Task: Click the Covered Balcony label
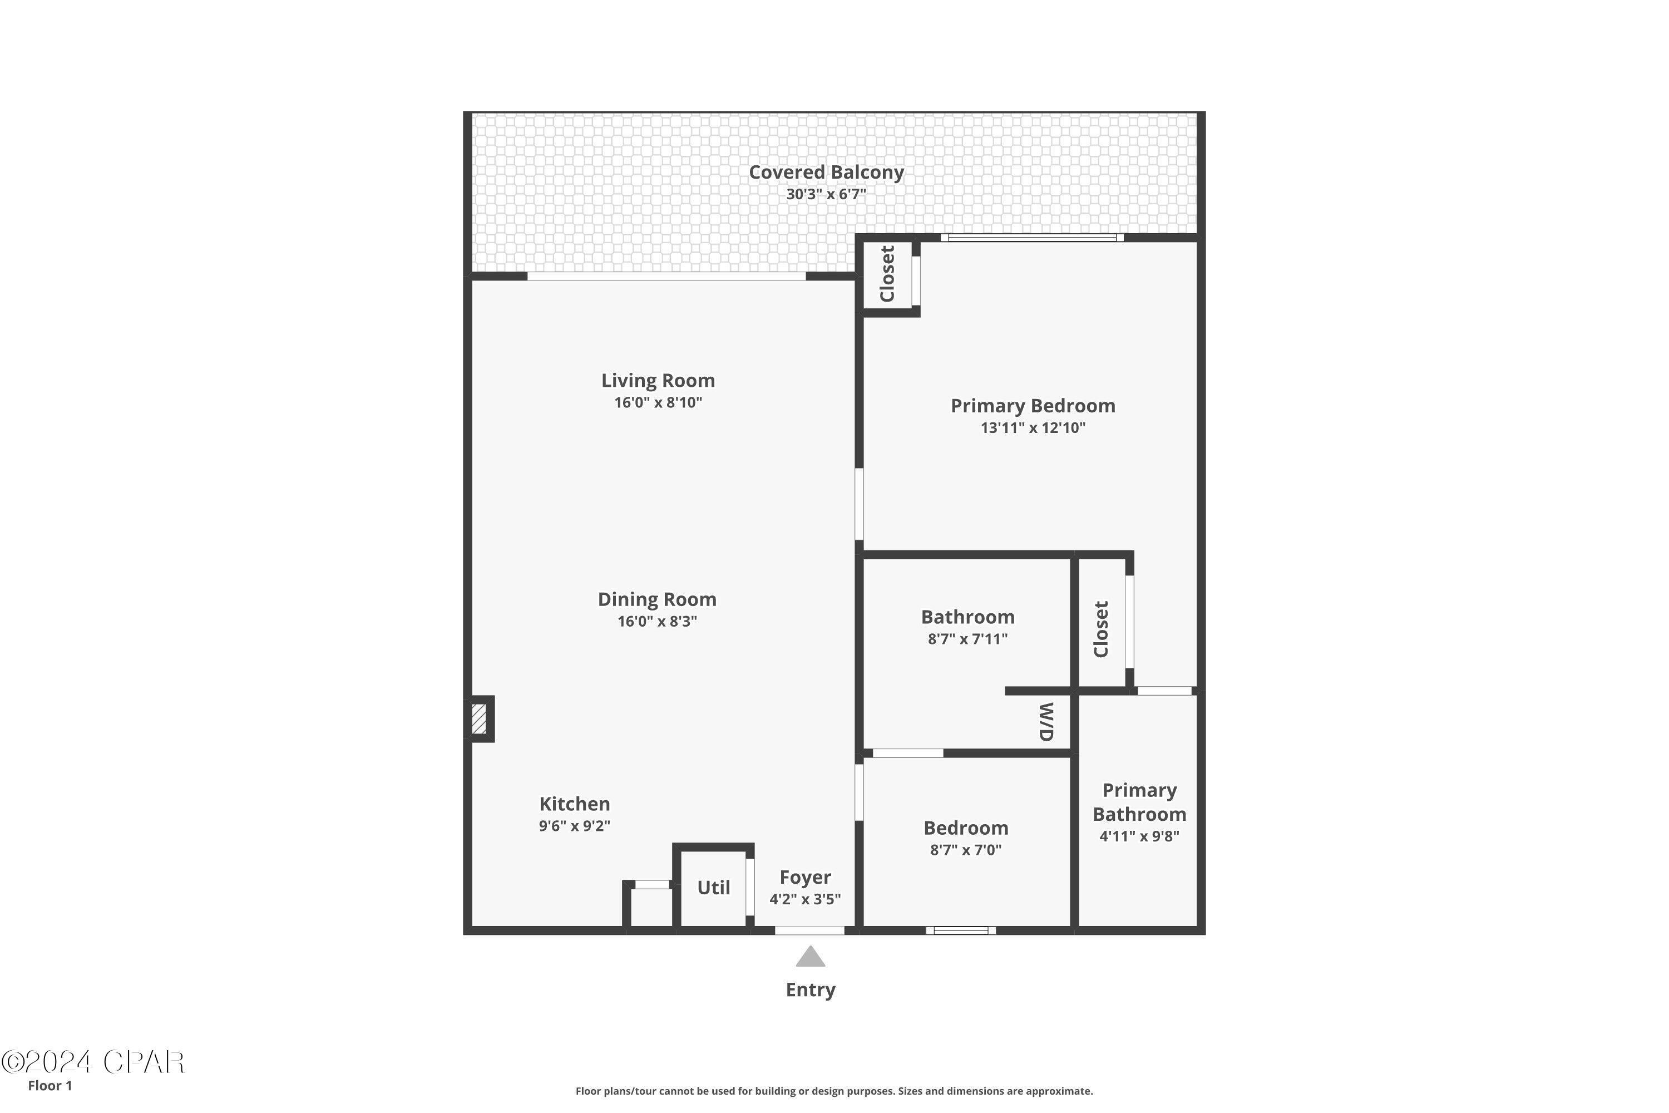[826, 173]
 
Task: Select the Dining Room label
[657, 600]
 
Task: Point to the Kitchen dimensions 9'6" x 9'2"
[574, 825]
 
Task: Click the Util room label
[713, 888]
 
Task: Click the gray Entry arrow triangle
[811, 956]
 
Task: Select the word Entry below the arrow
[811, 990]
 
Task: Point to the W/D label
[1046, 722]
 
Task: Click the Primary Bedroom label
[1033, 406]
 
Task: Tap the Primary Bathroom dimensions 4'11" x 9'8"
[1139, 836]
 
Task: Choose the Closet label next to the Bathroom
[1100, 629]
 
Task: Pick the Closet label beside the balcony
[887, 274]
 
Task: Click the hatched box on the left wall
[479, 718]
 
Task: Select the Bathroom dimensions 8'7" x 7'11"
[967, 639]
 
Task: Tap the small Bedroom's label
[966, 829]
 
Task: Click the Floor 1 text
[50, 1085]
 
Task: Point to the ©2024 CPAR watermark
[92, 1062]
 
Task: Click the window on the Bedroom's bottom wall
[961, 930]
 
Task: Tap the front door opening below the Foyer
[809, 930]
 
